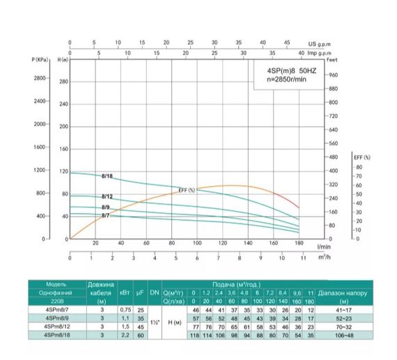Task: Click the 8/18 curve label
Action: coord(108,176)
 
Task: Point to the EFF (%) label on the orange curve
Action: coord(187,190)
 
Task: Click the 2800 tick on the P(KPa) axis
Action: coord(39,78)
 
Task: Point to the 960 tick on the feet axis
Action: coord(332,75)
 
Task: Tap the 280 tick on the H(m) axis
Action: coord(64,82)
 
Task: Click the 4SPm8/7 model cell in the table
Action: coord(56,308)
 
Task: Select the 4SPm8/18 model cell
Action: coord(57,335)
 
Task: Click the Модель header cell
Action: coord(56,284)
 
